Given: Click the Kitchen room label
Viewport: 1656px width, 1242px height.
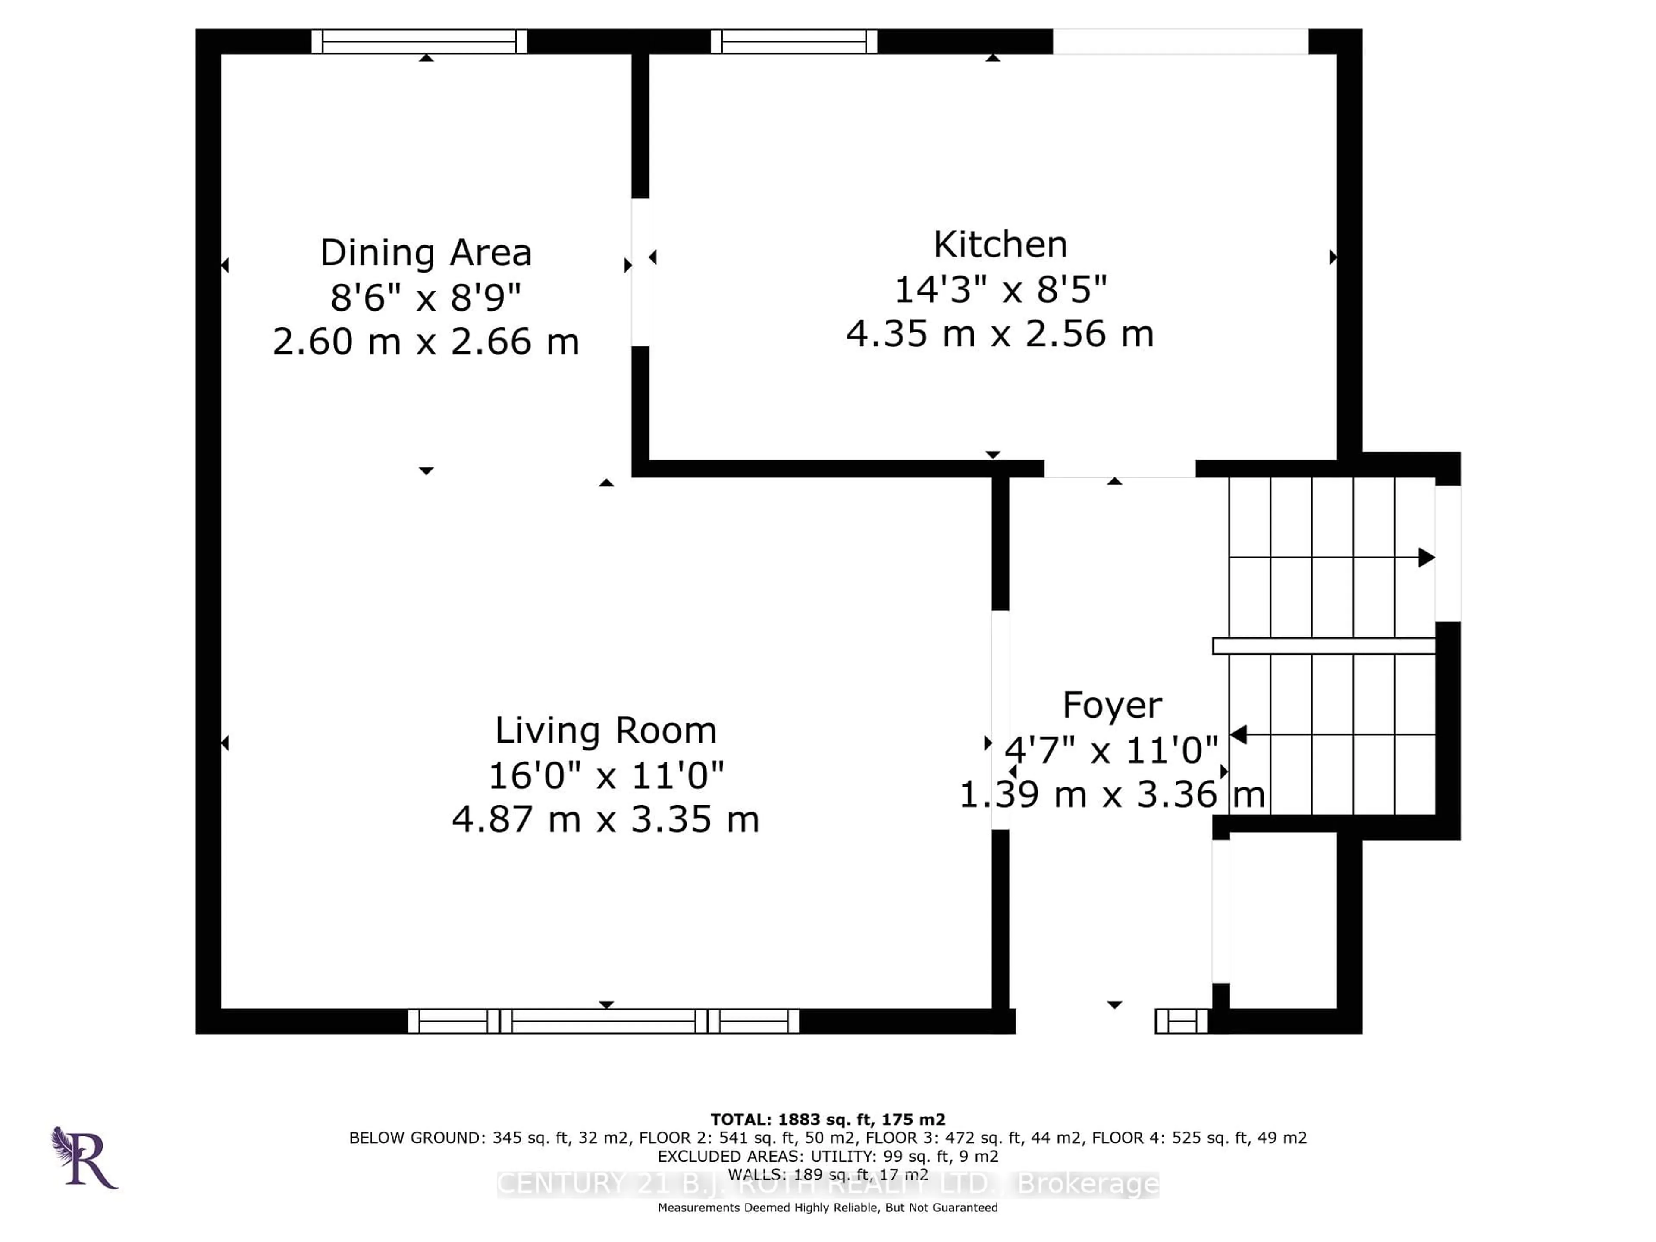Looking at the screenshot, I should (x=1000, y=245).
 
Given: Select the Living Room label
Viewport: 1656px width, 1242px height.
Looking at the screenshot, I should (x=605, y=731).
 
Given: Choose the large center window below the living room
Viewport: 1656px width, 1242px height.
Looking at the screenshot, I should (x=603, y=1021).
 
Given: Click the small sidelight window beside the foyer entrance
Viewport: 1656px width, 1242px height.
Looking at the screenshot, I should (x=1181, y=1021).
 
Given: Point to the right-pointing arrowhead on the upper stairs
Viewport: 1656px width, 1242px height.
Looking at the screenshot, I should (x=1426, y=558).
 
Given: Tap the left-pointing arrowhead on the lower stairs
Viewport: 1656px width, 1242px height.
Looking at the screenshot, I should (x=1238, y=735).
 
